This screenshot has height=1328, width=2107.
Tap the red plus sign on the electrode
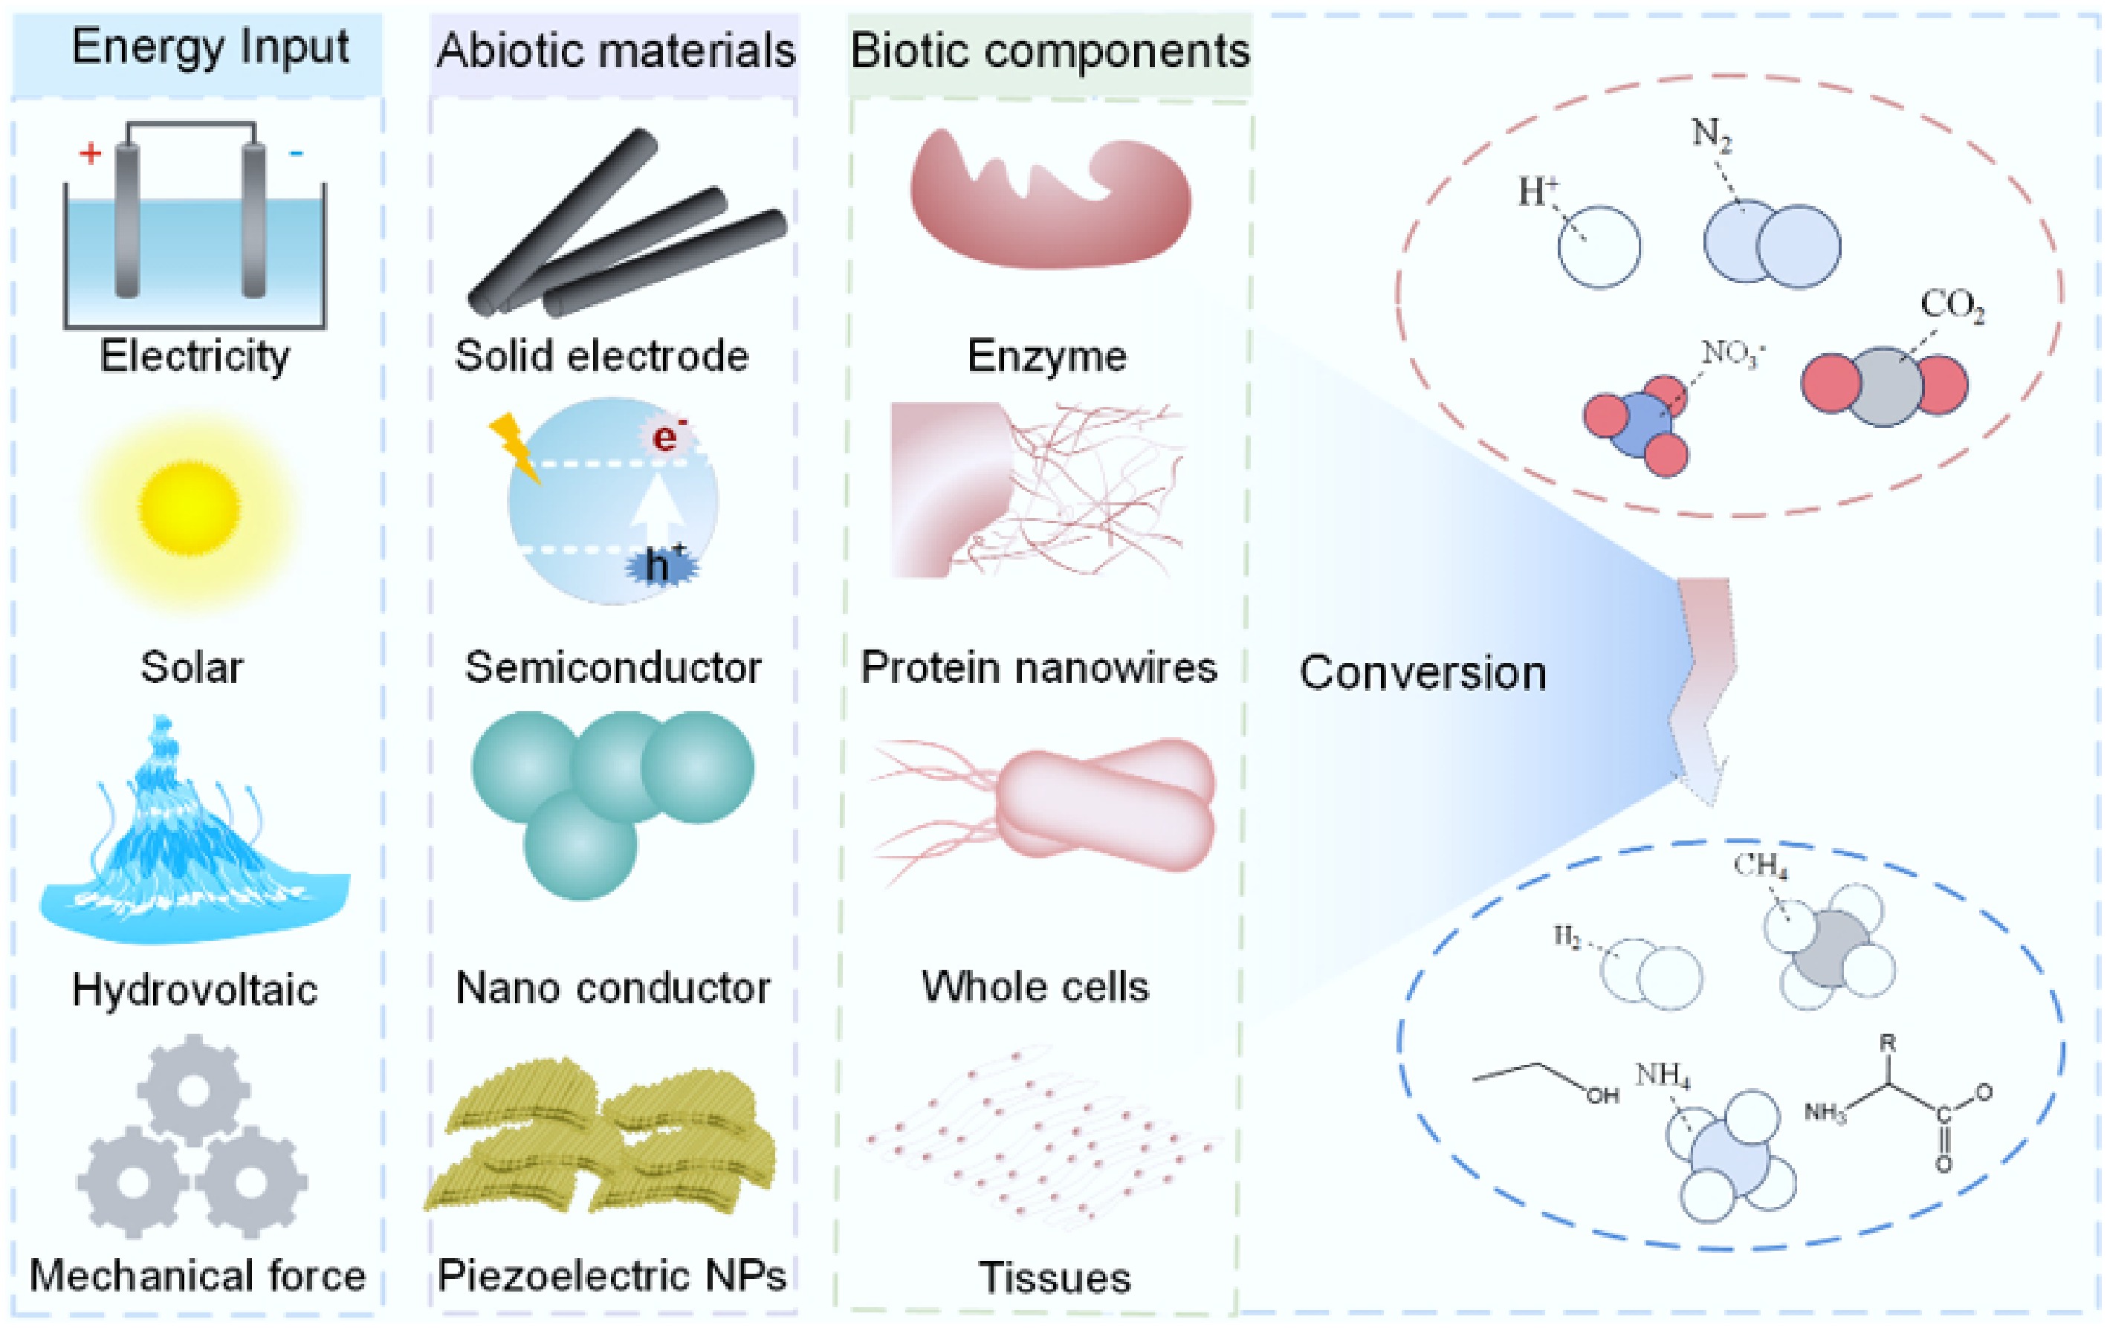(x=90, y=154)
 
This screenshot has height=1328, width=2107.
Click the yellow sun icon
(x=189, y=508)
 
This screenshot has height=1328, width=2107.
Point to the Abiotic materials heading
(x=615, y=50)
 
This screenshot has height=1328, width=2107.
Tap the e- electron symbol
(x=667, y=435)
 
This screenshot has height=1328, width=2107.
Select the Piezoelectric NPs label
(x=612, y=1275)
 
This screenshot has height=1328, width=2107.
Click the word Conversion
(x=1423, y=673)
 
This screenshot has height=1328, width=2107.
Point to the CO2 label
(x=1952, y=306)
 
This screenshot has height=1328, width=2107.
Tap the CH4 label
(x=1761, y=865)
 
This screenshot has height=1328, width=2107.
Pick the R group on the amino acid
(x=1887, y=1043)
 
